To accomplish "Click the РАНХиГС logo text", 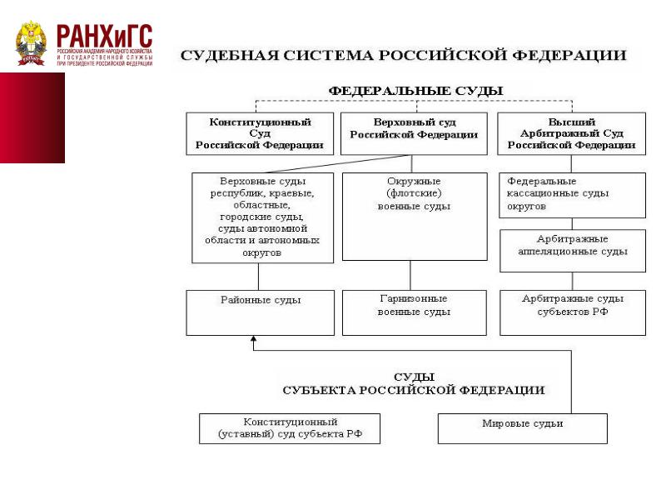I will [x=104, y=37].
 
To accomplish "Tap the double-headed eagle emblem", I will [x=33, y=43].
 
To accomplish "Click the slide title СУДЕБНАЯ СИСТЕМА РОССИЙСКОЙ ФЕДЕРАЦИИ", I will [x=404, y=57].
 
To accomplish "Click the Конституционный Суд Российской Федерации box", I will [x=260, y=133].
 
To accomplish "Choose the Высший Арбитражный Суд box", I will [x=571, y=133].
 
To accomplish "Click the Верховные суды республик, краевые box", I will [x=261, y=217].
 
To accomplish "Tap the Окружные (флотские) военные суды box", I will [x=414, y=217].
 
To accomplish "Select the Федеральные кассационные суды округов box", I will [x=571, y=195].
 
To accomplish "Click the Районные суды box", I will [x=261, y=312].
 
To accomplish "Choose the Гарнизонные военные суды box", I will [x=414, y=312].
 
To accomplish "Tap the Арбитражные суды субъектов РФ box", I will [x=571, y=312].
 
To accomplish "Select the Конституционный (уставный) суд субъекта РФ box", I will [x=289, y=428].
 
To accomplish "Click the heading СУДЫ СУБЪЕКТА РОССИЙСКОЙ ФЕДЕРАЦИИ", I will [x=414, y=383].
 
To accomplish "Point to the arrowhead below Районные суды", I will [x=252, y=340].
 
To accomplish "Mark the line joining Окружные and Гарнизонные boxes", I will [x=410, y=275].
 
